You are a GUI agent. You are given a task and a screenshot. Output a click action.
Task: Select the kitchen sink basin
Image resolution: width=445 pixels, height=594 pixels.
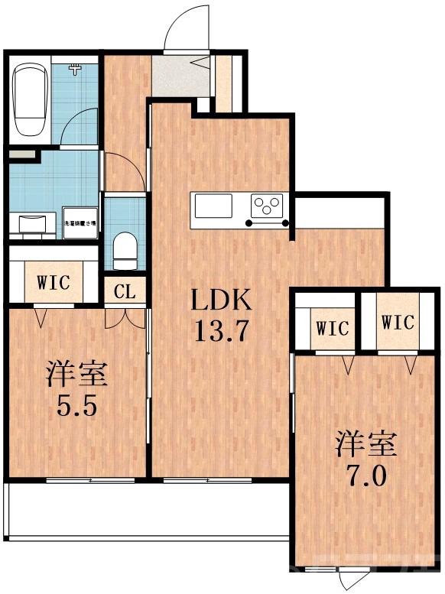tap(213, 206)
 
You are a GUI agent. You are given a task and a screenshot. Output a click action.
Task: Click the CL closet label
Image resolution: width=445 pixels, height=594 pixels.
tap(125, 291)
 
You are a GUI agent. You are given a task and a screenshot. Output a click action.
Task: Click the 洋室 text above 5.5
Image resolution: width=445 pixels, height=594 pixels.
tap(76, 374)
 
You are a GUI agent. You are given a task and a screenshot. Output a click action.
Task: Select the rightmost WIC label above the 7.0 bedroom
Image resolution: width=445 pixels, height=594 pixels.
tap(398, 322)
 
